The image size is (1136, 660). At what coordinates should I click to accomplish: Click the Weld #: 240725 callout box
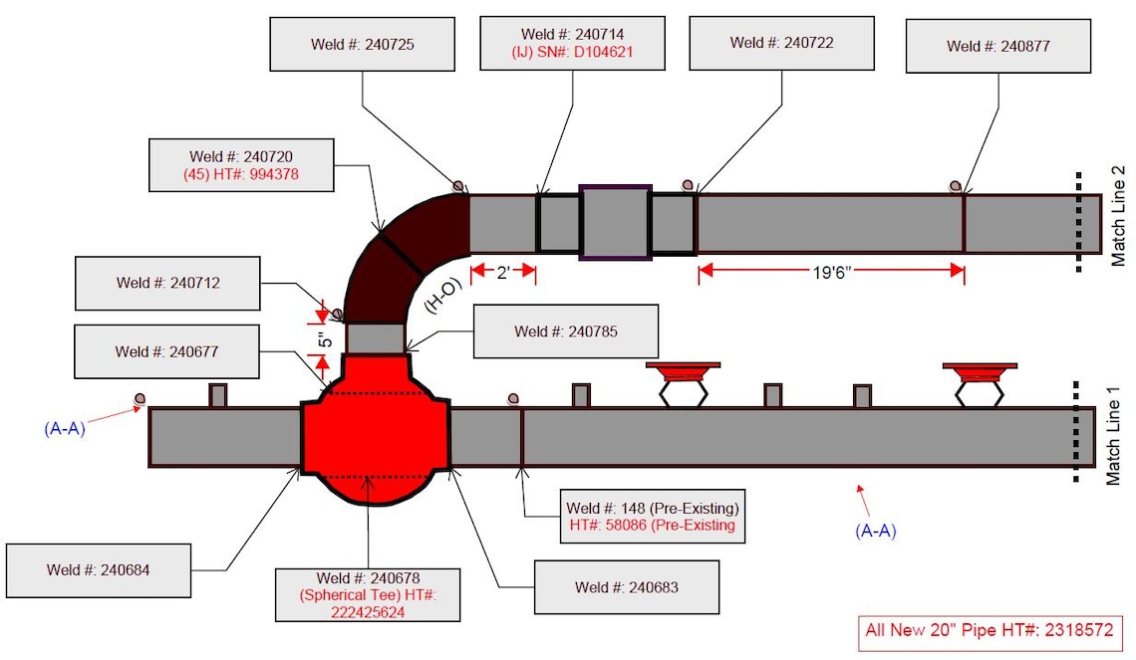pos(363,44)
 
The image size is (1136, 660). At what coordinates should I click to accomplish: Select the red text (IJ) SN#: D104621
pos(572,52)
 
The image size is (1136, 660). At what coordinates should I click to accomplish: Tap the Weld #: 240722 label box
pos(781,44)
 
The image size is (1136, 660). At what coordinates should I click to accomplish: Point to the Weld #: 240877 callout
pos(998,47)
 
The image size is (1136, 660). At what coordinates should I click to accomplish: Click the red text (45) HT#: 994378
pos(241,174)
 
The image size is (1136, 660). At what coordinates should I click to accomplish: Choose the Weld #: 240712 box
pos(168,283)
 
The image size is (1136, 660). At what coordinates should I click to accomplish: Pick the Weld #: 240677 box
pos(166,351)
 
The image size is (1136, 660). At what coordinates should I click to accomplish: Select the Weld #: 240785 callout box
pos(566,331)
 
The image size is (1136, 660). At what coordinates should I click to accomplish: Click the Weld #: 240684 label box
pos(99,570)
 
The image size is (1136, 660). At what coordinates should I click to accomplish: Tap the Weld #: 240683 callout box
pos(627,587)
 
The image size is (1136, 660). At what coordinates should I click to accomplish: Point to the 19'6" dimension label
pos(832,272)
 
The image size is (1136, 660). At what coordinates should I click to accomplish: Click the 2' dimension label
pos(503,273)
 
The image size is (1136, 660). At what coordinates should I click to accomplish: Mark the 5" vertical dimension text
pos(325,338)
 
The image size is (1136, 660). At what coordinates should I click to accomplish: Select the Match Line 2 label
pos(1119,216)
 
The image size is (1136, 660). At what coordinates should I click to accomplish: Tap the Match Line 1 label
pos(1113,436)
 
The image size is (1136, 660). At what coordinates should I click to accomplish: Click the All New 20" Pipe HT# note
pos(989,630)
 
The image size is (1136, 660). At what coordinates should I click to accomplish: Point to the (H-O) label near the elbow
pos(442,296)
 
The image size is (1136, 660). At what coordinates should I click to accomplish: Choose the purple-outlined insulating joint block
pos(616,222)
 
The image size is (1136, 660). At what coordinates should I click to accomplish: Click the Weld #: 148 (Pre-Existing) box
pos(652,517)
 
